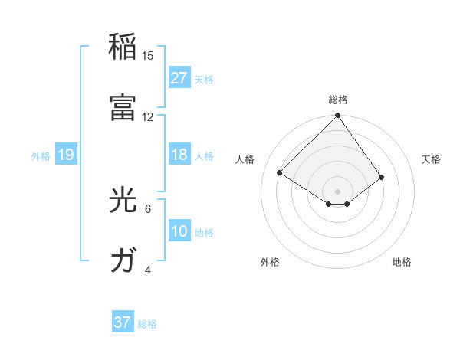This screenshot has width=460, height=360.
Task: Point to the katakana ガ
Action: (123, 260)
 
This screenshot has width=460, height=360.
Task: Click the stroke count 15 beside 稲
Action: (148, 55)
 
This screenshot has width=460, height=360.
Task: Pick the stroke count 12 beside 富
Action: (148, 116)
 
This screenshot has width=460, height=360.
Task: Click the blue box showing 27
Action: (179, 77)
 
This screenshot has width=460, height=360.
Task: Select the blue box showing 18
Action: (179, 155)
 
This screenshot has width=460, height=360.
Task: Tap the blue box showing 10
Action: (179, 231)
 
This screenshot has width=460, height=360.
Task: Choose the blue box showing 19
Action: (65, 155)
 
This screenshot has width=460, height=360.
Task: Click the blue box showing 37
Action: (122, 322)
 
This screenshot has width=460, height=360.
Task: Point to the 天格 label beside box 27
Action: (204, 79)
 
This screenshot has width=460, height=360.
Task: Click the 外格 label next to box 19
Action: (41, 155)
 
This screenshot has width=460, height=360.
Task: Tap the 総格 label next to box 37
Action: (147, 324)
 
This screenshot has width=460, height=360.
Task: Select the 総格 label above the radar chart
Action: (337, 100)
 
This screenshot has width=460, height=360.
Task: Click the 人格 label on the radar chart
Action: (245, 159)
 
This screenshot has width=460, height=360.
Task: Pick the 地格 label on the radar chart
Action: (402, 262)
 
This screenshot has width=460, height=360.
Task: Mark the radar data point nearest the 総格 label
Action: (337, 116)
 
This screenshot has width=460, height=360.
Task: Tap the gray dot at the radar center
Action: (337, 191)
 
